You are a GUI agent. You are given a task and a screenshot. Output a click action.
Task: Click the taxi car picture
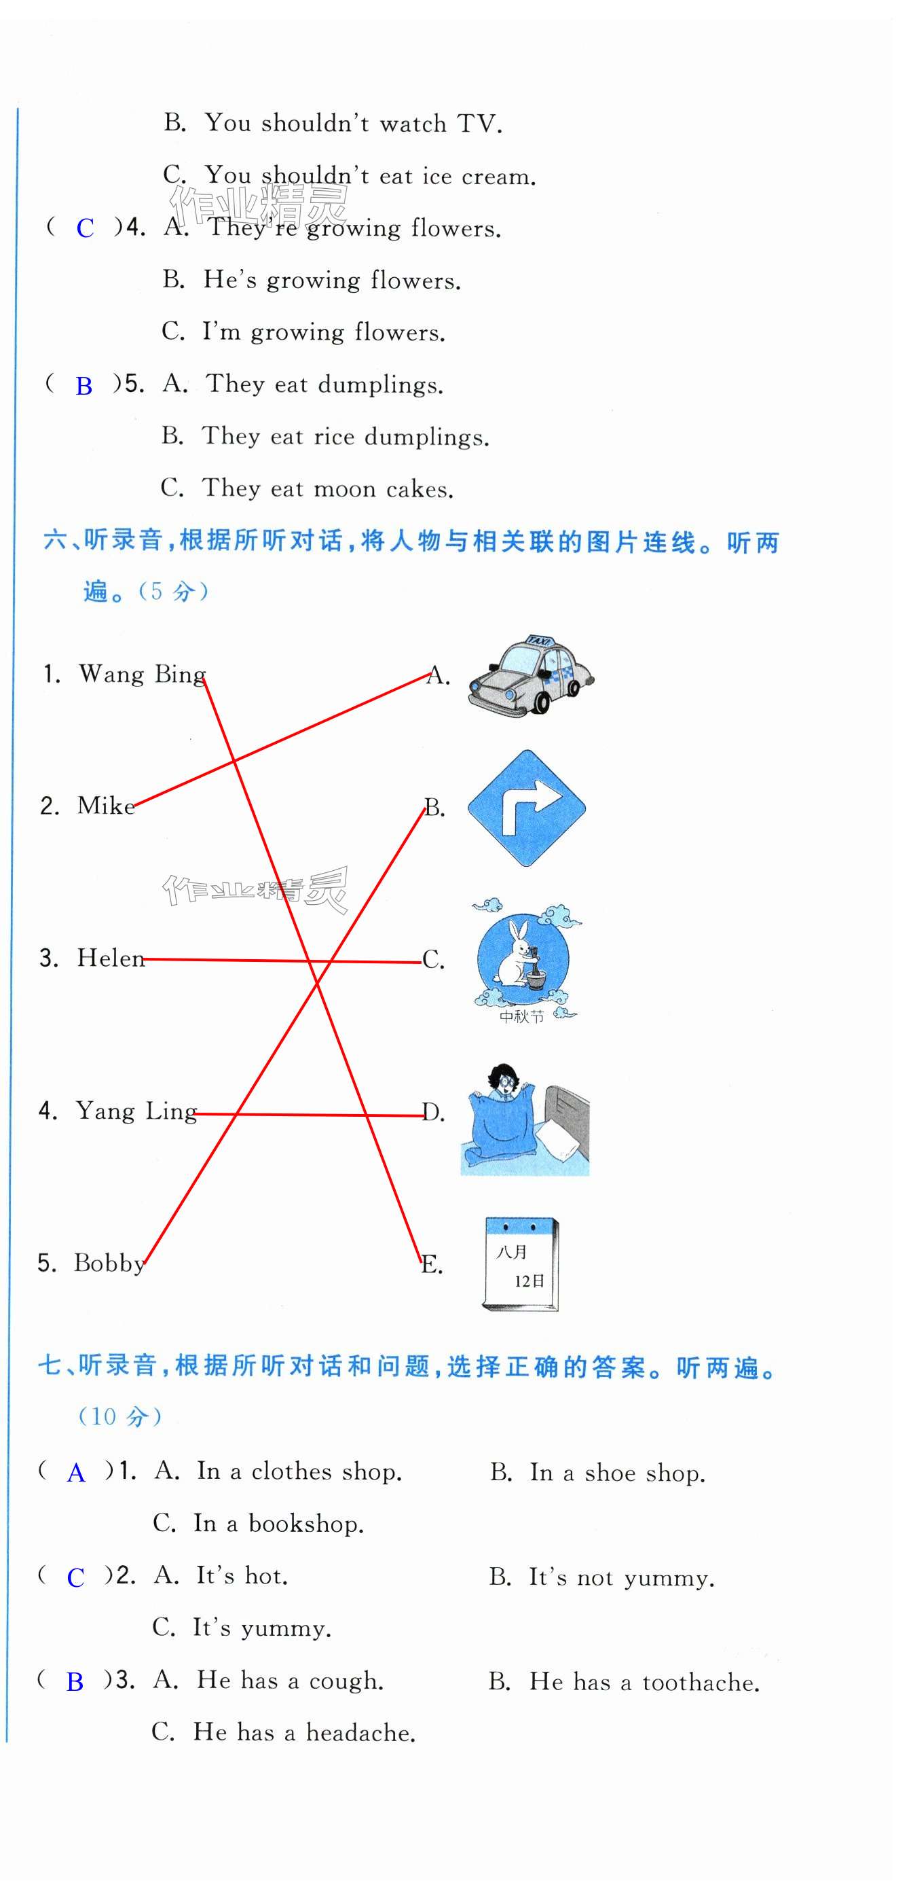click(530, 675)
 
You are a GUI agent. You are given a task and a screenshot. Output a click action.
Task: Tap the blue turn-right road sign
click(526, 808)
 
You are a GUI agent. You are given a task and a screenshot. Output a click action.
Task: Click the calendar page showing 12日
click(521, 1264)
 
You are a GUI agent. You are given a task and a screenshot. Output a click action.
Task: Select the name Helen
click(111, 958)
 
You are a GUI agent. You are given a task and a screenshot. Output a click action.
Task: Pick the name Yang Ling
click(136, 1111)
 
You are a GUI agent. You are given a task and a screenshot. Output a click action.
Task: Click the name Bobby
click(109, 1263)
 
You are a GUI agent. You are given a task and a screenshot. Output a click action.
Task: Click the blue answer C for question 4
click(85, 228)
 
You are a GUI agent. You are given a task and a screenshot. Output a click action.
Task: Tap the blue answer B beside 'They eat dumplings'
click(84, 386)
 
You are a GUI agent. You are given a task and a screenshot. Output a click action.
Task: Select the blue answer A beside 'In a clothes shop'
click(76, 1473)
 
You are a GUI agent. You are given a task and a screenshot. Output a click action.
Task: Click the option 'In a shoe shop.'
click(617, 1473)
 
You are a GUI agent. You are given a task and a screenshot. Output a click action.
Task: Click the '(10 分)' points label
click(120, 1416)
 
